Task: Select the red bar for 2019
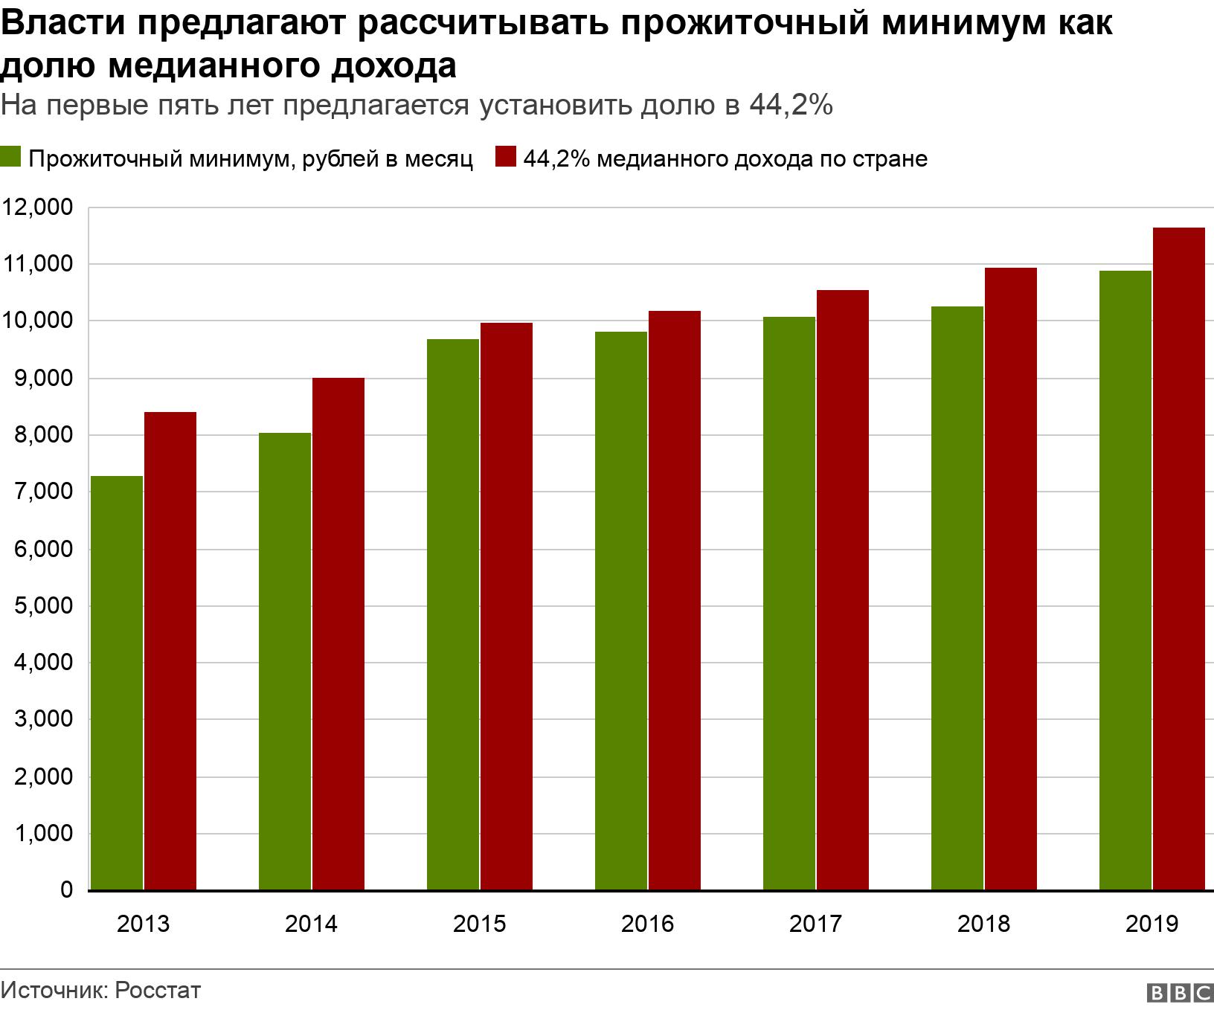(1179, 558)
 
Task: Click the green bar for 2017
(789, 603)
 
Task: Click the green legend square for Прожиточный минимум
(10, 158)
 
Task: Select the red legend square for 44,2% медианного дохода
(506, 158)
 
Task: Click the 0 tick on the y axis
(66, 890)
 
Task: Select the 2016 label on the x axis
(647, 924)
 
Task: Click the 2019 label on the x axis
(1152, 924)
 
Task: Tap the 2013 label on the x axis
(143, 924)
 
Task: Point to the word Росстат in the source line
(158, 991)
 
